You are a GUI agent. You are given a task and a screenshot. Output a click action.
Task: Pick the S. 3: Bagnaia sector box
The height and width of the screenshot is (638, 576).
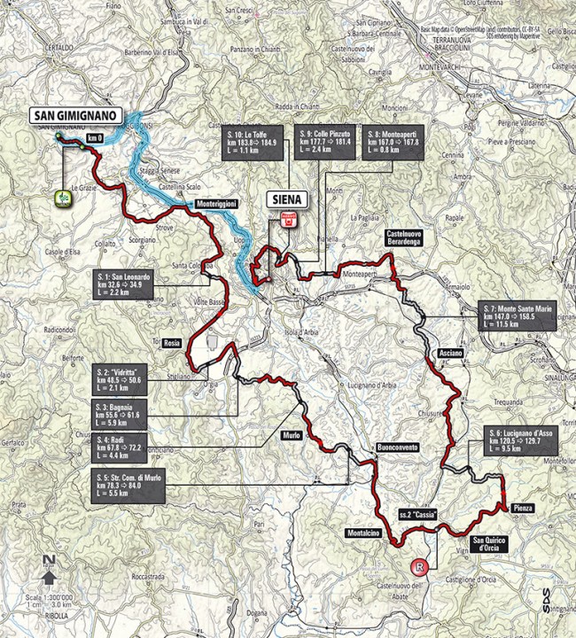(x=127, y=412)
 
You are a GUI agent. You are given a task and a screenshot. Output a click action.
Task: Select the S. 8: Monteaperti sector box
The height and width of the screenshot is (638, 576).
(x=397, y=143)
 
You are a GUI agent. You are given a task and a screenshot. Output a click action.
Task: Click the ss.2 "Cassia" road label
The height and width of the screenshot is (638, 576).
(x=416, y=514)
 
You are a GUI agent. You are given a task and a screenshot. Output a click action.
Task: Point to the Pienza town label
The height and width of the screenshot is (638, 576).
(x=522, y=508)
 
